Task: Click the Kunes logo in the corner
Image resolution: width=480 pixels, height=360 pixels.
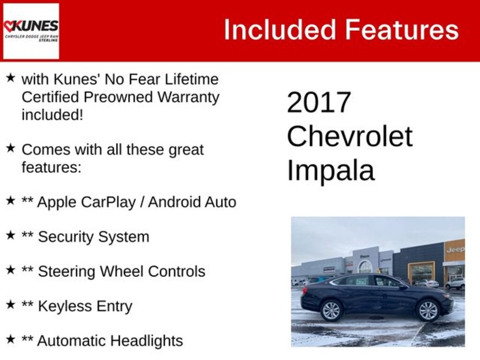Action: point(31,31)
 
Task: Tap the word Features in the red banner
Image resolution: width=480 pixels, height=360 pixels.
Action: point(402,30)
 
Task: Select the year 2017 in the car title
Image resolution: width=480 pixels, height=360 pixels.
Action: point(319,102)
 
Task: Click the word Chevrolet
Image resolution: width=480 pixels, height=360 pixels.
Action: point(349,136)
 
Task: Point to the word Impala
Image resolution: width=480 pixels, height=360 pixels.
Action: point(330,170)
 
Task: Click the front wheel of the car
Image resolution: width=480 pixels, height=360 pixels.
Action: point(428,310)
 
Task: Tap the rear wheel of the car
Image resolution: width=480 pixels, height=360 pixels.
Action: point(331,310)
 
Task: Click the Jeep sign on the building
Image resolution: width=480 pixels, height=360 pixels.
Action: point(455,249)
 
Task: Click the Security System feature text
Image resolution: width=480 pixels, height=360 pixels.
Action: point(93,237)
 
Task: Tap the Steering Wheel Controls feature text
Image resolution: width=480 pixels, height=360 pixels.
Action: point(121,271)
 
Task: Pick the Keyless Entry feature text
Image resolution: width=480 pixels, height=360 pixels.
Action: point(85,306)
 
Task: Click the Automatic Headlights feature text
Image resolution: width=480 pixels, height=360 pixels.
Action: point(110,341)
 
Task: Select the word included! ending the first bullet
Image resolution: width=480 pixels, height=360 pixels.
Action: point(52,115)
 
